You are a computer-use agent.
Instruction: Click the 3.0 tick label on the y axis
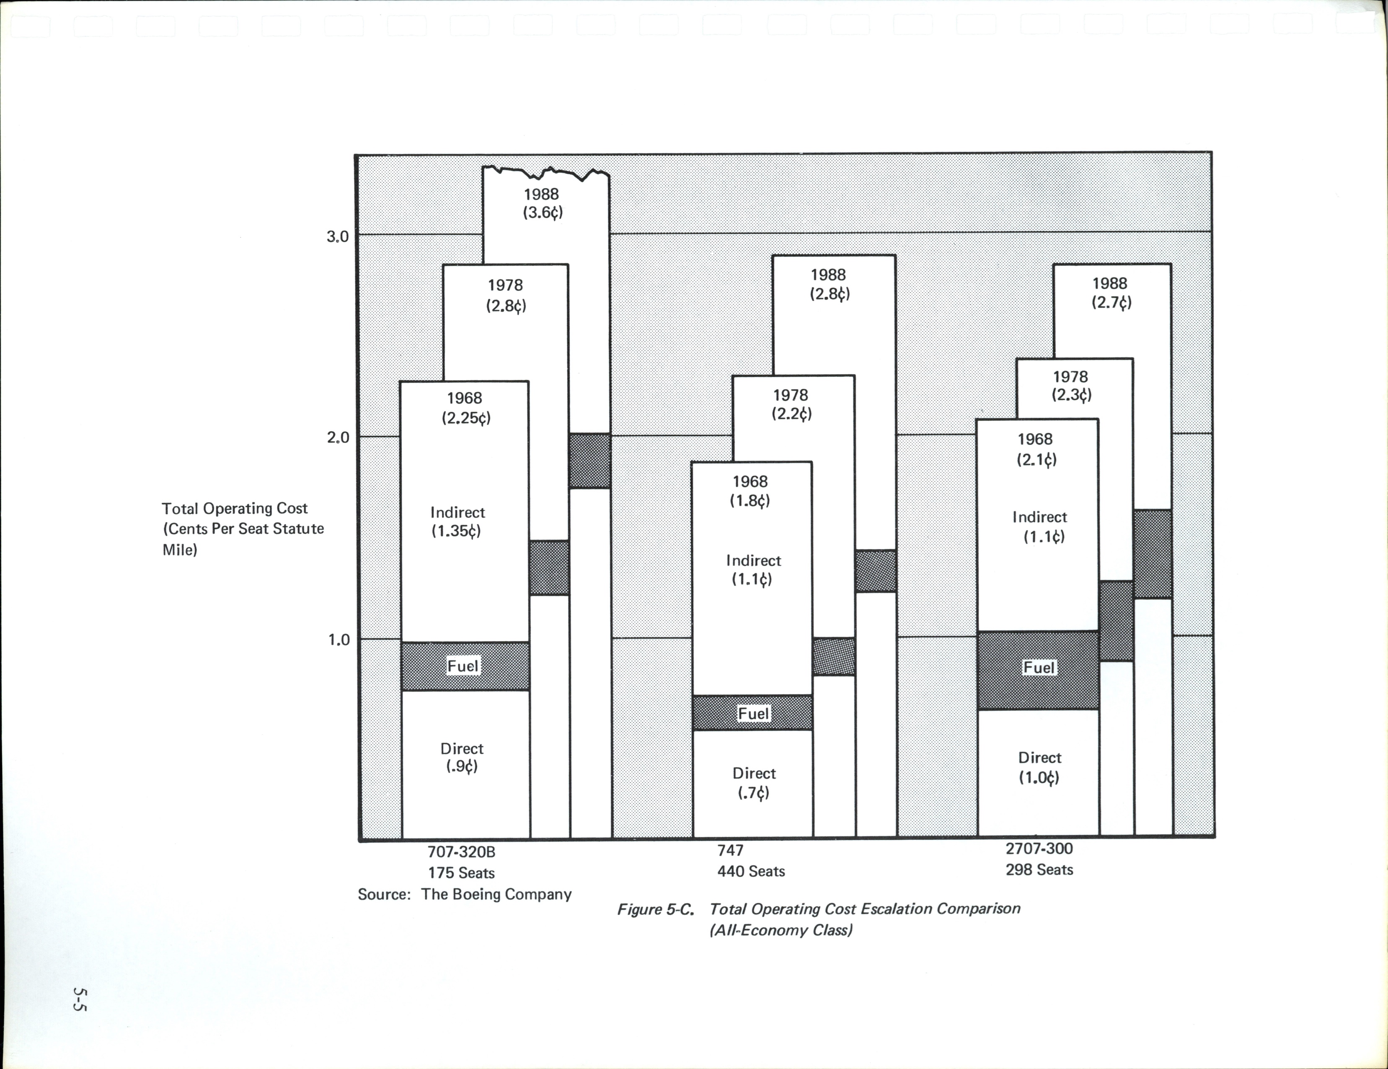[x=337, y=236]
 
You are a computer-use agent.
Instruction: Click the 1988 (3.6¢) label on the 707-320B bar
[x=542, y=203]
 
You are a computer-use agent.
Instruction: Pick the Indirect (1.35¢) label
[x=457, y=522]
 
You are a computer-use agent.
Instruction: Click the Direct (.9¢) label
[x=462, y=757]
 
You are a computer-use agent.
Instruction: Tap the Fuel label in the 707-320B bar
[x=463, y=666]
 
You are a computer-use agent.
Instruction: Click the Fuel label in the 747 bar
[x=753, y=714]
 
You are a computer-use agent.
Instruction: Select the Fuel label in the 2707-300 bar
[x=1039, y=667]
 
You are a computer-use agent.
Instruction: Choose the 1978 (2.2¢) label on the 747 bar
[x=791, y=405]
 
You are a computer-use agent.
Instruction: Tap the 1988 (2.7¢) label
[x=1111, y=292]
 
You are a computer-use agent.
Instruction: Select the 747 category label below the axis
[x=730, y=850]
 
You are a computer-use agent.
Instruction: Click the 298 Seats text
[x=1039, y=870]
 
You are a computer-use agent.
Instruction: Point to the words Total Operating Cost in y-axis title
[x=235, y=508]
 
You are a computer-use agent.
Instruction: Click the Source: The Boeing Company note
[x=465, y=894]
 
